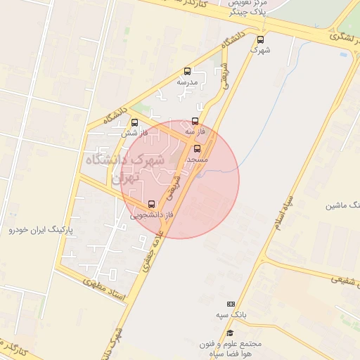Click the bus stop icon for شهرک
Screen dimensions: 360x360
click(261, 40)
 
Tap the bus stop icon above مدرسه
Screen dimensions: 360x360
click(187, 71)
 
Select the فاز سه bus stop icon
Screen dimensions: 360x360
click(195, 121)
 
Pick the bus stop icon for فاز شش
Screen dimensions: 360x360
click(134, 122)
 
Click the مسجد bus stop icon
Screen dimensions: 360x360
click(196, 148)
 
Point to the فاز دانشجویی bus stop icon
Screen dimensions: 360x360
click(151, 205)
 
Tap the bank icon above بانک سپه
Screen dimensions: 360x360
click(230, 303)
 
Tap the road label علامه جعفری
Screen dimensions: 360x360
click(155, 240)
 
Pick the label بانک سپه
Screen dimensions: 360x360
click(230, 316)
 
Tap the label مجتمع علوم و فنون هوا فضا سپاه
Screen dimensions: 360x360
click(229, 349)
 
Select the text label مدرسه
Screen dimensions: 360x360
click(187, 82)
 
